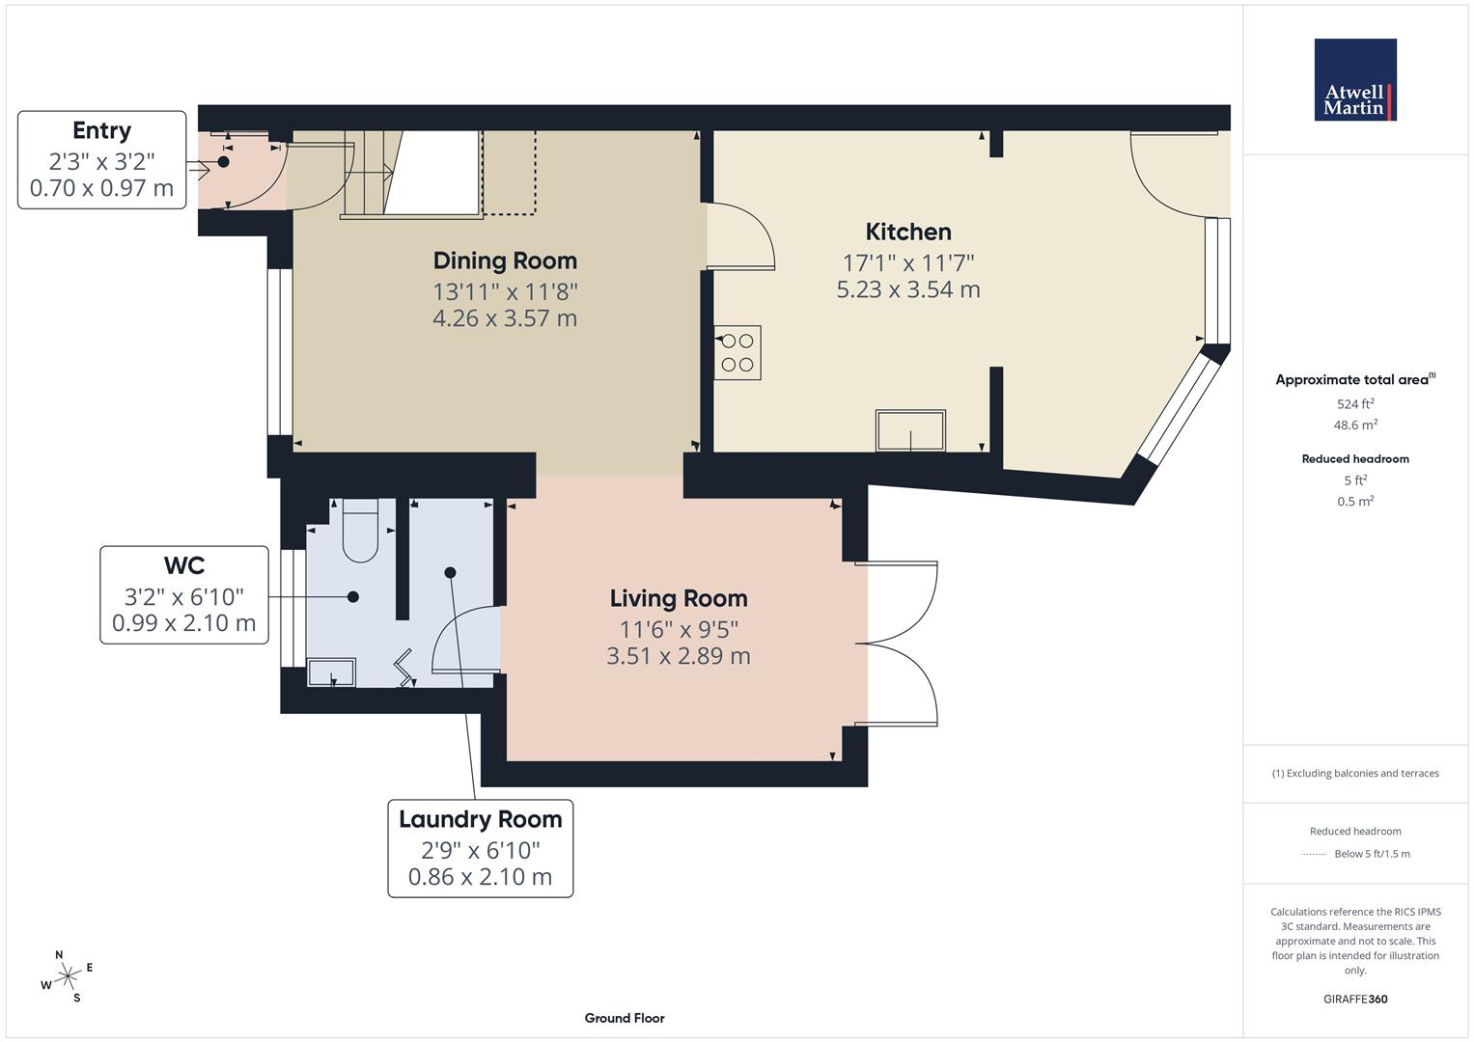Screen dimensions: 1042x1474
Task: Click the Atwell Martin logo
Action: pos(1354,79)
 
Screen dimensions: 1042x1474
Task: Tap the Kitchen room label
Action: pos(907,232)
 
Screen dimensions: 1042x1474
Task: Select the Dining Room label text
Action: pos(505,260)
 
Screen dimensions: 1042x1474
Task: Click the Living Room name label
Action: pos(679,598)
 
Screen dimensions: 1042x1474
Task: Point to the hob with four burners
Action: pos(737,352)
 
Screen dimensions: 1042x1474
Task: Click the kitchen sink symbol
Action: pos(910,430)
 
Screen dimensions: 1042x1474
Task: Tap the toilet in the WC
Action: pos(360,531)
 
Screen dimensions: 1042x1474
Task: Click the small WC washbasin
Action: pos(331,672)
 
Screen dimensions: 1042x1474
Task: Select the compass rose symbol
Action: pos(66,977)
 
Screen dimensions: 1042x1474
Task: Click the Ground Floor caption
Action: pos(624,1018)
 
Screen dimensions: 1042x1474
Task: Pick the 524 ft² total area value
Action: pos(1355,403)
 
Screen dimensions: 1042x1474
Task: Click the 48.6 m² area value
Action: pos(1355,425)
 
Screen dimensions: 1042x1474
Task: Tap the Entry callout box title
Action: pos(101,130)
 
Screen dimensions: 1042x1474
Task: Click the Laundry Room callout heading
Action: pos(480,819)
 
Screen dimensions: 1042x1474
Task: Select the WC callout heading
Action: pos(183,565)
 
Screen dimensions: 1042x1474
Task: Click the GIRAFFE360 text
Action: pos(1355,999)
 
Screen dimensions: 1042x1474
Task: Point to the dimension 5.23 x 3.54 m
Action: pos(907,289)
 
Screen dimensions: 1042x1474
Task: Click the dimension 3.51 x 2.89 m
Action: pos(679,656)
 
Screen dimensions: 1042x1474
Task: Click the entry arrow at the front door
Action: pos(199,171)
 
